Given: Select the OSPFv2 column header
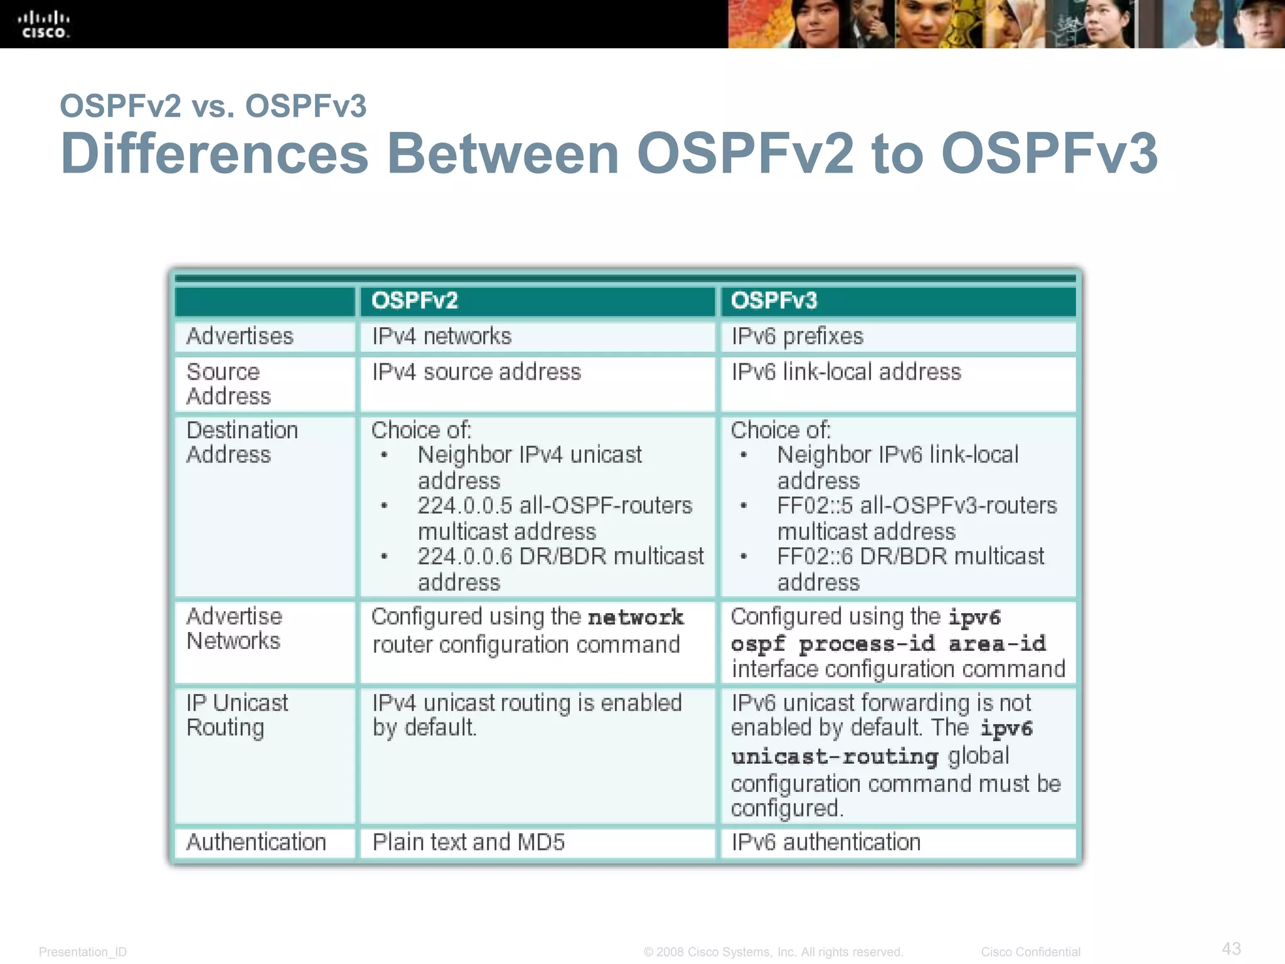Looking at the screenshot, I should [x=415, y=301].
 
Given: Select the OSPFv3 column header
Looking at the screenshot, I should [x=774, y=301].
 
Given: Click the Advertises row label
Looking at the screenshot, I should [x=240, y=336].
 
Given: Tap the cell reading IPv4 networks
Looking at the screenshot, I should [x=442, y=336].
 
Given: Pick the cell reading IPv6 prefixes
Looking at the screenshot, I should [x=797, y=336].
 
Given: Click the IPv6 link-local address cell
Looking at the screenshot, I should [x=846, y=372].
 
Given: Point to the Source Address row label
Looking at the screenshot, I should [x=228, y=384].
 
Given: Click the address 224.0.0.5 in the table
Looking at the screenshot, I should [x=465, y=506].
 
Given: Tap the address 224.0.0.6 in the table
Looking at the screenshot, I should [x=465, y=557].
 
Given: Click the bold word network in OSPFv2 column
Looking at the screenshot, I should [x=636, y=618].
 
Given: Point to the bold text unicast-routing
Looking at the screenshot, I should [x=834, y=757].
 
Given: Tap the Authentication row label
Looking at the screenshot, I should [x=256, y=842].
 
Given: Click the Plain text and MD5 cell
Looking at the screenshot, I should [x=469, y=842].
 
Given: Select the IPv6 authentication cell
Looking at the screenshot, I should [x=826, y=842].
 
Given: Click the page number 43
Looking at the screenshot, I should [x=1231, y=948].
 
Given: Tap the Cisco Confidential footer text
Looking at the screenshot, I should [x=1030, y=952].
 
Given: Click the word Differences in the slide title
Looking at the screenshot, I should [x=215, y=154].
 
